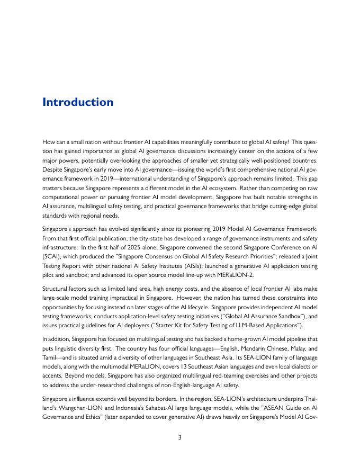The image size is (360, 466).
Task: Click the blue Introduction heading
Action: click(77, 102)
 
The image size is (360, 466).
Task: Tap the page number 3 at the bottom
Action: click(180, 437)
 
